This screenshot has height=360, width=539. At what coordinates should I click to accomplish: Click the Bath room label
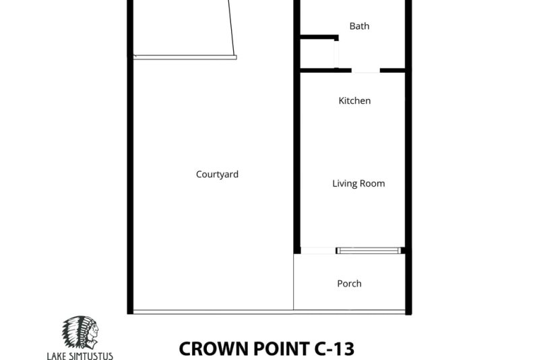[359, 26]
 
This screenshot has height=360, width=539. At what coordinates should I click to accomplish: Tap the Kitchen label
[354, 100]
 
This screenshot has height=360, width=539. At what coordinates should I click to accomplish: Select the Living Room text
[358, 183]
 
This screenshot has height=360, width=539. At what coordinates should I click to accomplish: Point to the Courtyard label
[217, 175]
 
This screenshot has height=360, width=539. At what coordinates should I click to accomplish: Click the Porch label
[349, 284]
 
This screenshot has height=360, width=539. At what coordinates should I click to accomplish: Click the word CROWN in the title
[214, 349]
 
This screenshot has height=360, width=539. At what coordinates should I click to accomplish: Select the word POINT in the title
[282, 349]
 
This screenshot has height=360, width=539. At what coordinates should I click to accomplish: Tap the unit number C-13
[334, 349]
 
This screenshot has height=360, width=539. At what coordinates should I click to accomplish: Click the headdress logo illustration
[80, 332]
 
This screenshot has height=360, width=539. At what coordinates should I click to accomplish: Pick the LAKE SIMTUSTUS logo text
[80, 355]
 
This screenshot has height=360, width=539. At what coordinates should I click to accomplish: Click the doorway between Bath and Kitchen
[366, 71]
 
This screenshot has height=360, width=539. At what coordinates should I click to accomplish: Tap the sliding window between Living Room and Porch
[369, 251]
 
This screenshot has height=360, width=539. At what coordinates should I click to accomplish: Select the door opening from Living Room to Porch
[318, 251]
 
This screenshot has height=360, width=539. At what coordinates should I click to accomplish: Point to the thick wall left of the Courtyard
[130, 157]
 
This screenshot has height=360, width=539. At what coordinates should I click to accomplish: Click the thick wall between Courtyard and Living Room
[297, 127]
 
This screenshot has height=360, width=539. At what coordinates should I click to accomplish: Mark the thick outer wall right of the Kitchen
[408, 157]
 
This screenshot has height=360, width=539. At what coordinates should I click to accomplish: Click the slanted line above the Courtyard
[232, 28]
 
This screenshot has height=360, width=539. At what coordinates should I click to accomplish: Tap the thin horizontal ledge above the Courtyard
[185, 57]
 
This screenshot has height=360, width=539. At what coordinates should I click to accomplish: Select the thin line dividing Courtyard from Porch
[293, 282]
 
